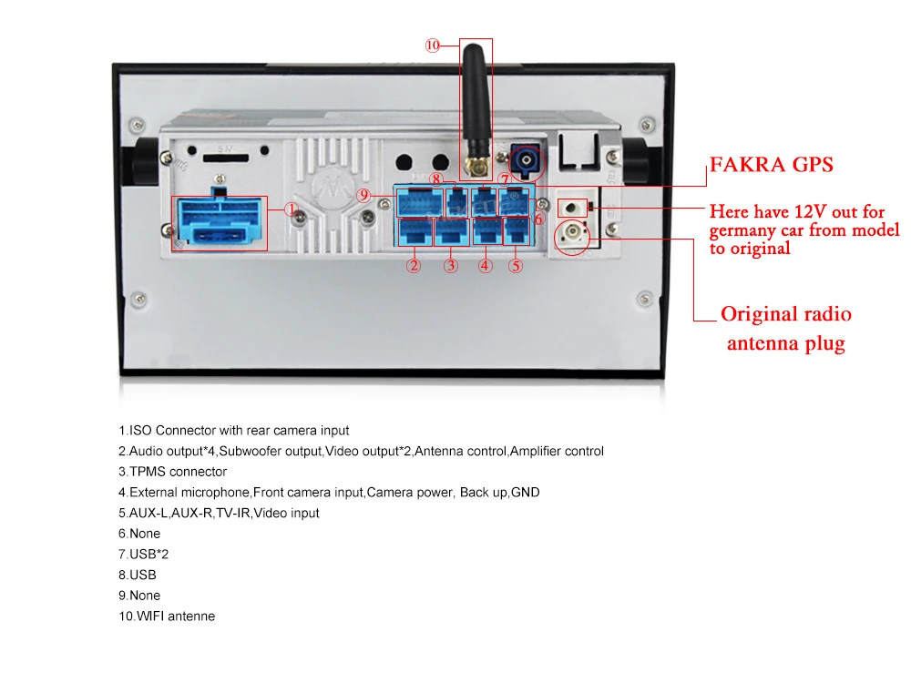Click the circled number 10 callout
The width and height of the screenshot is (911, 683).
pyautogui.click(x=432, y=45)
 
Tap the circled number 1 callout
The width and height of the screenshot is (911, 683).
pyautogui.click(x=292, y=209)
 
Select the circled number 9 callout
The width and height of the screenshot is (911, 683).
pyautogui.click(x=363, y=195)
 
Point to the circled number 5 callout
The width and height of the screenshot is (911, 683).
pyautogui.click(x=516, y=266)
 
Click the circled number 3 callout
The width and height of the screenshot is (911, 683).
pyautogui.click(x=450, y=266)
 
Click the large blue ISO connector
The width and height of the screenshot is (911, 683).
pyautogui.click(x=219, y=222)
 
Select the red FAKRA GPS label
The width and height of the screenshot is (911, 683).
pyautogui.click(x=772, y=165)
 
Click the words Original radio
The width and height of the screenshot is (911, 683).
pyautogui.click(x=786, y=314)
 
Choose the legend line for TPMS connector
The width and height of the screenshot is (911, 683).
pyautogui.click(x=172, y=472)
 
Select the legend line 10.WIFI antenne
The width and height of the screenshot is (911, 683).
pyautogui.click(x=167, y=617)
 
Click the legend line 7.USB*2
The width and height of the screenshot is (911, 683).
pyautogui.click(x=144, y=555)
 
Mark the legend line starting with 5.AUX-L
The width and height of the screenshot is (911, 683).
pyautogui.click(x=219, y=513)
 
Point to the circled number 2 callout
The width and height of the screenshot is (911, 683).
pyautogui.click(x=414, y=266)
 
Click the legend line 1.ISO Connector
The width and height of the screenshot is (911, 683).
pyautogui.click(x=233, y=430)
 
